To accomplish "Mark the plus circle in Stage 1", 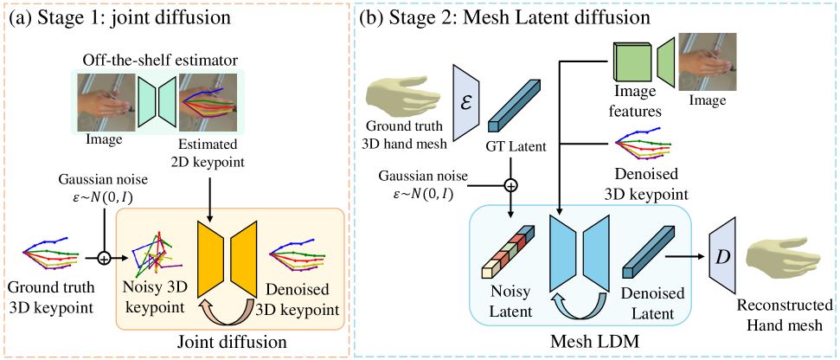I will pos(105,257).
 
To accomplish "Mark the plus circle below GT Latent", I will pos(510,184).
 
